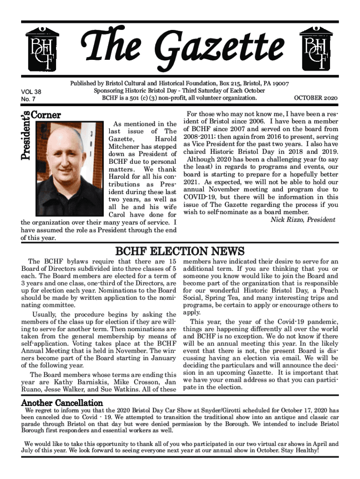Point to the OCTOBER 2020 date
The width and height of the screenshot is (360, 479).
click(316, 98)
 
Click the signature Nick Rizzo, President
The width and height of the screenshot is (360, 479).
click(303, 219)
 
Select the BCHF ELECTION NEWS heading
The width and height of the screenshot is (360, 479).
click(180, 252)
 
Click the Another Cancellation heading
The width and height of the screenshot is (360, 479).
click(62, 403)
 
